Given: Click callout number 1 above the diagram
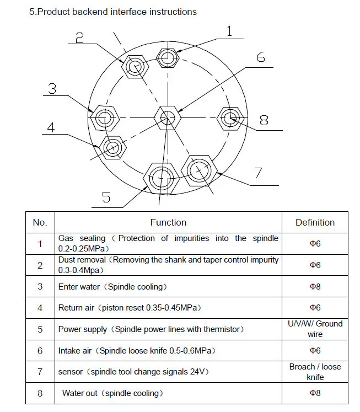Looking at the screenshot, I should coord(229,31).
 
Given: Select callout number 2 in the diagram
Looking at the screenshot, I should coord(79,38).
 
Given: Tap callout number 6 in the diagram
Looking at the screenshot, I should coord(260,57).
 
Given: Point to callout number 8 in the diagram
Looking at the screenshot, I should coord(264,120).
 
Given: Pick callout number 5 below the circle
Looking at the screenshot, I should coord(106,197).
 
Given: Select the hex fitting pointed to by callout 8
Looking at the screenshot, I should coord(230,117).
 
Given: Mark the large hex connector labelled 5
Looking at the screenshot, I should coord(161,178).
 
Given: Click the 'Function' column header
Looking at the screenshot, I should coord(168,222).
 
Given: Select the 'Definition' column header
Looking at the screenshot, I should coord(315,222).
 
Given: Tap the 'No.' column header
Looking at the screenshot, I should coord(40,222).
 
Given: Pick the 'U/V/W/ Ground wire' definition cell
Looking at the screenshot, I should coord(315,329).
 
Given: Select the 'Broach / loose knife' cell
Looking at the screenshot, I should coord(315,372).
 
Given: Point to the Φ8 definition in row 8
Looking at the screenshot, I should coord(315,393).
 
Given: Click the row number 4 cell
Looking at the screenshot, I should coord(40,308).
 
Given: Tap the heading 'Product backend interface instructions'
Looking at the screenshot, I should coord(113,12).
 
